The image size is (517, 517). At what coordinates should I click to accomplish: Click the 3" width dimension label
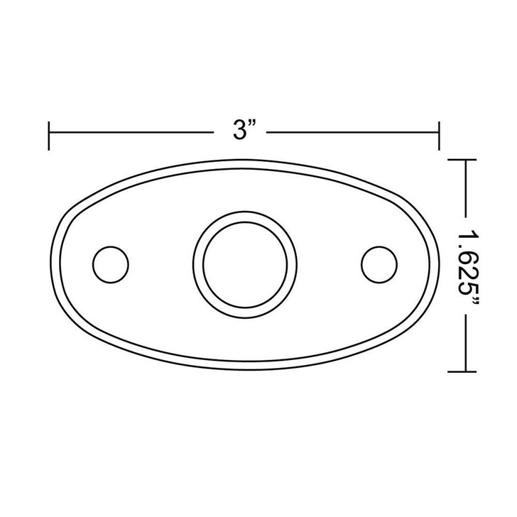244,130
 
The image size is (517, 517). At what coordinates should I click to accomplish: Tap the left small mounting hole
111,264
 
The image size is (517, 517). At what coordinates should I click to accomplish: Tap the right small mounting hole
379,264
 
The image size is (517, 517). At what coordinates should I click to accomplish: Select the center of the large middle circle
245,265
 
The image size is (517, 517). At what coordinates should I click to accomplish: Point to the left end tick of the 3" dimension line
49,136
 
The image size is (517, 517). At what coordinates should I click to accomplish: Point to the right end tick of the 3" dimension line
439,136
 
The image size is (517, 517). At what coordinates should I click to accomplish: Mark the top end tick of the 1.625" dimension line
462,160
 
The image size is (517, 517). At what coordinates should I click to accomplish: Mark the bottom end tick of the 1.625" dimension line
462,371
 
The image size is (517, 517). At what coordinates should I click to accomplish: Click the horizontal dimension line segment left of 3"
131,133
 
